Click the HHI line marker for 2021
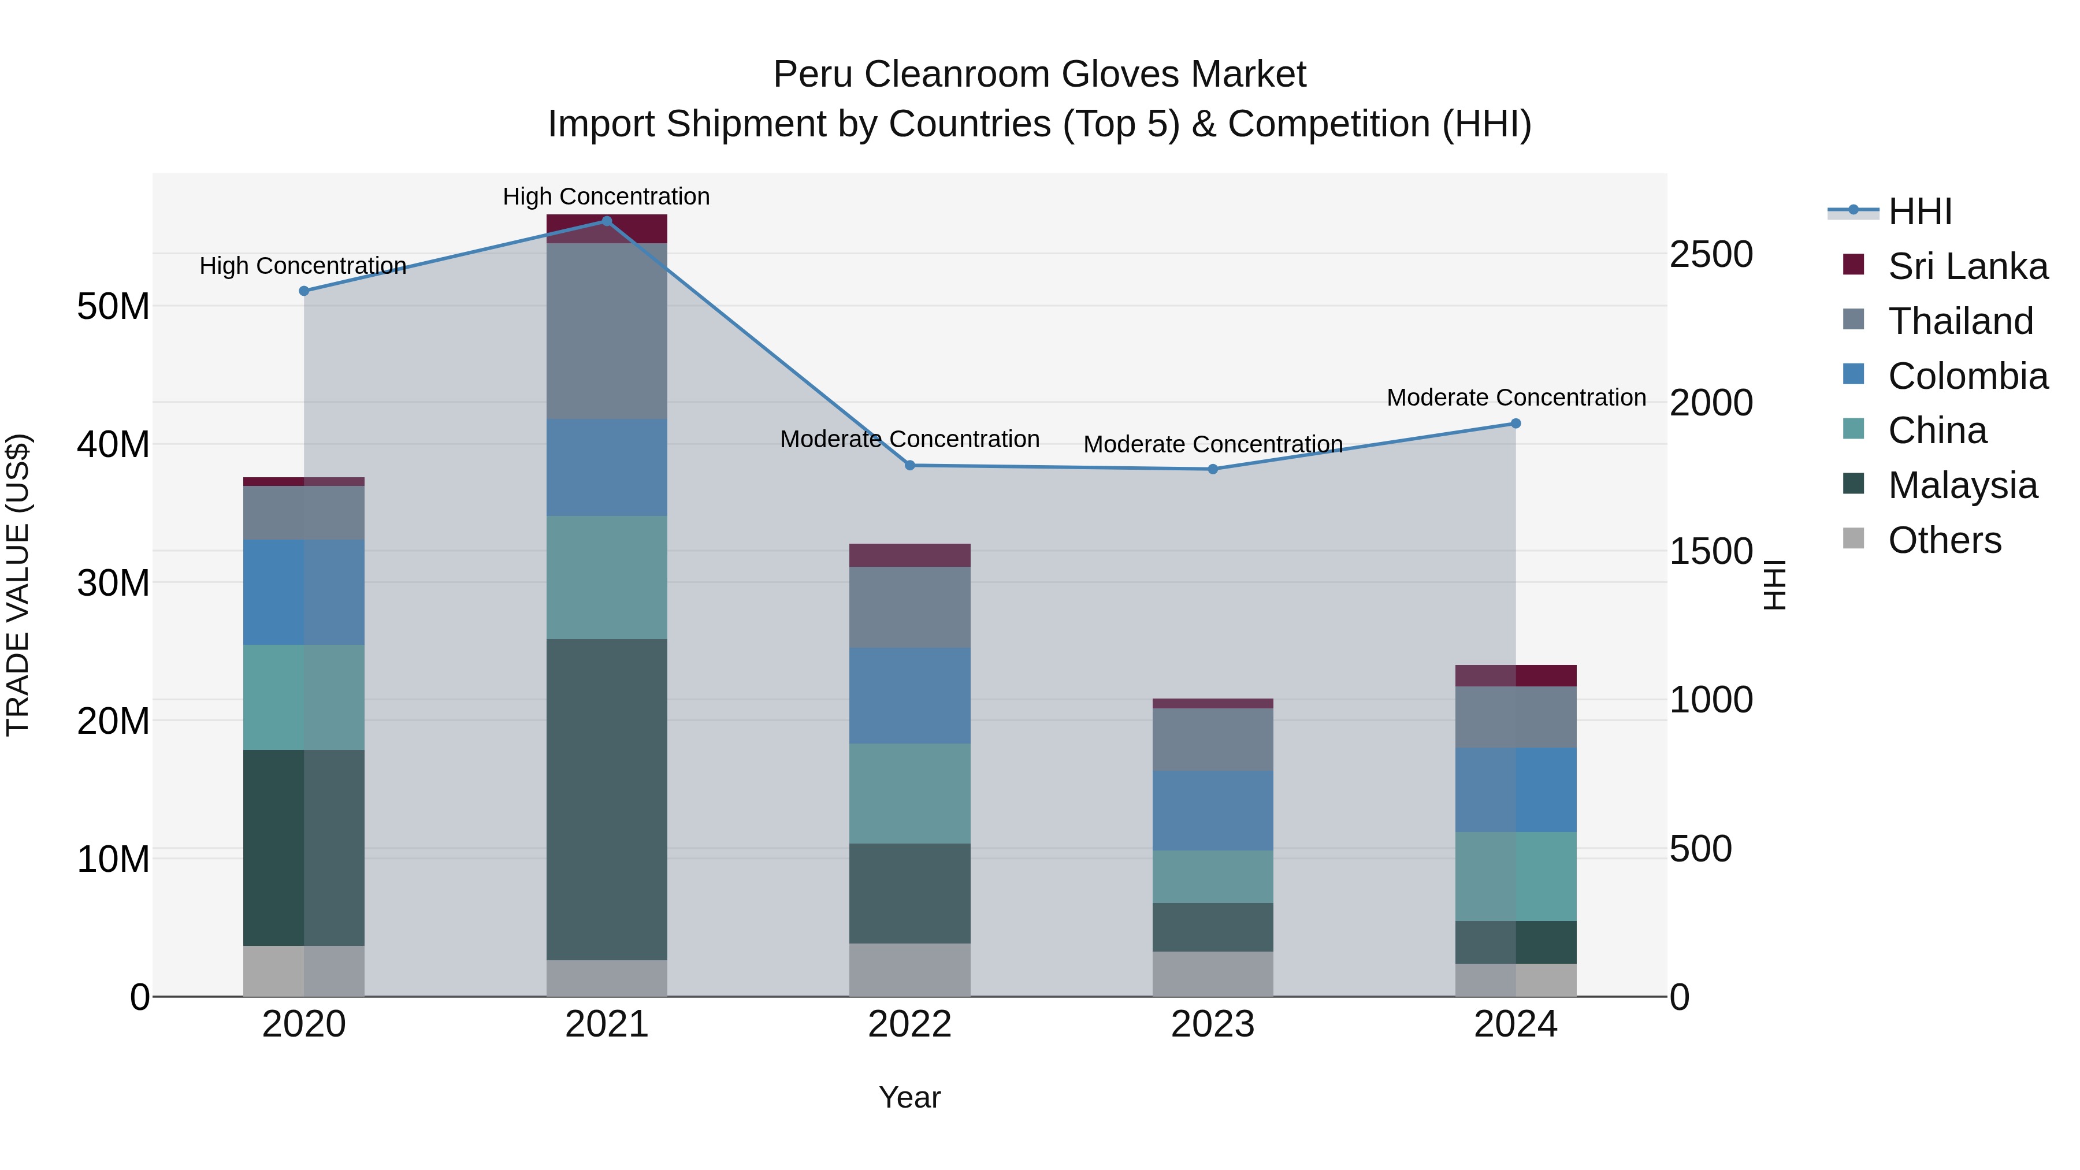607,221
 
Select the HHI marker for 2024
1516,423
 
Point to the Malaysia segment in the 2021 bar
607,800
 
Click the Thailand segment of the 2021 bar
607,331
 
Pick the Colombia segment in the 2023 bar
1213,810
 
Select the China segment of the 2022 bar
910,793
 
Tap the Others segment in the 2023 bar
1213,973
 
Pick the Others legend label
1944,540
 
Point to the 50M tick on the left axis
113,307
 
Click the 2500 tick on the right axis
1711,254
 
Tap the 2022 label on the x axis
910,1024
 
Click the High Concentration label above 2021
607,196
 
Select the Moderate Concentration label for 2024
1516,398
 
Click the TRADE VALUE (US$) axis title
18,585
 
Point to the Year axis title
910,1097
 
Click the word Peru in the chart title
813,75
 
